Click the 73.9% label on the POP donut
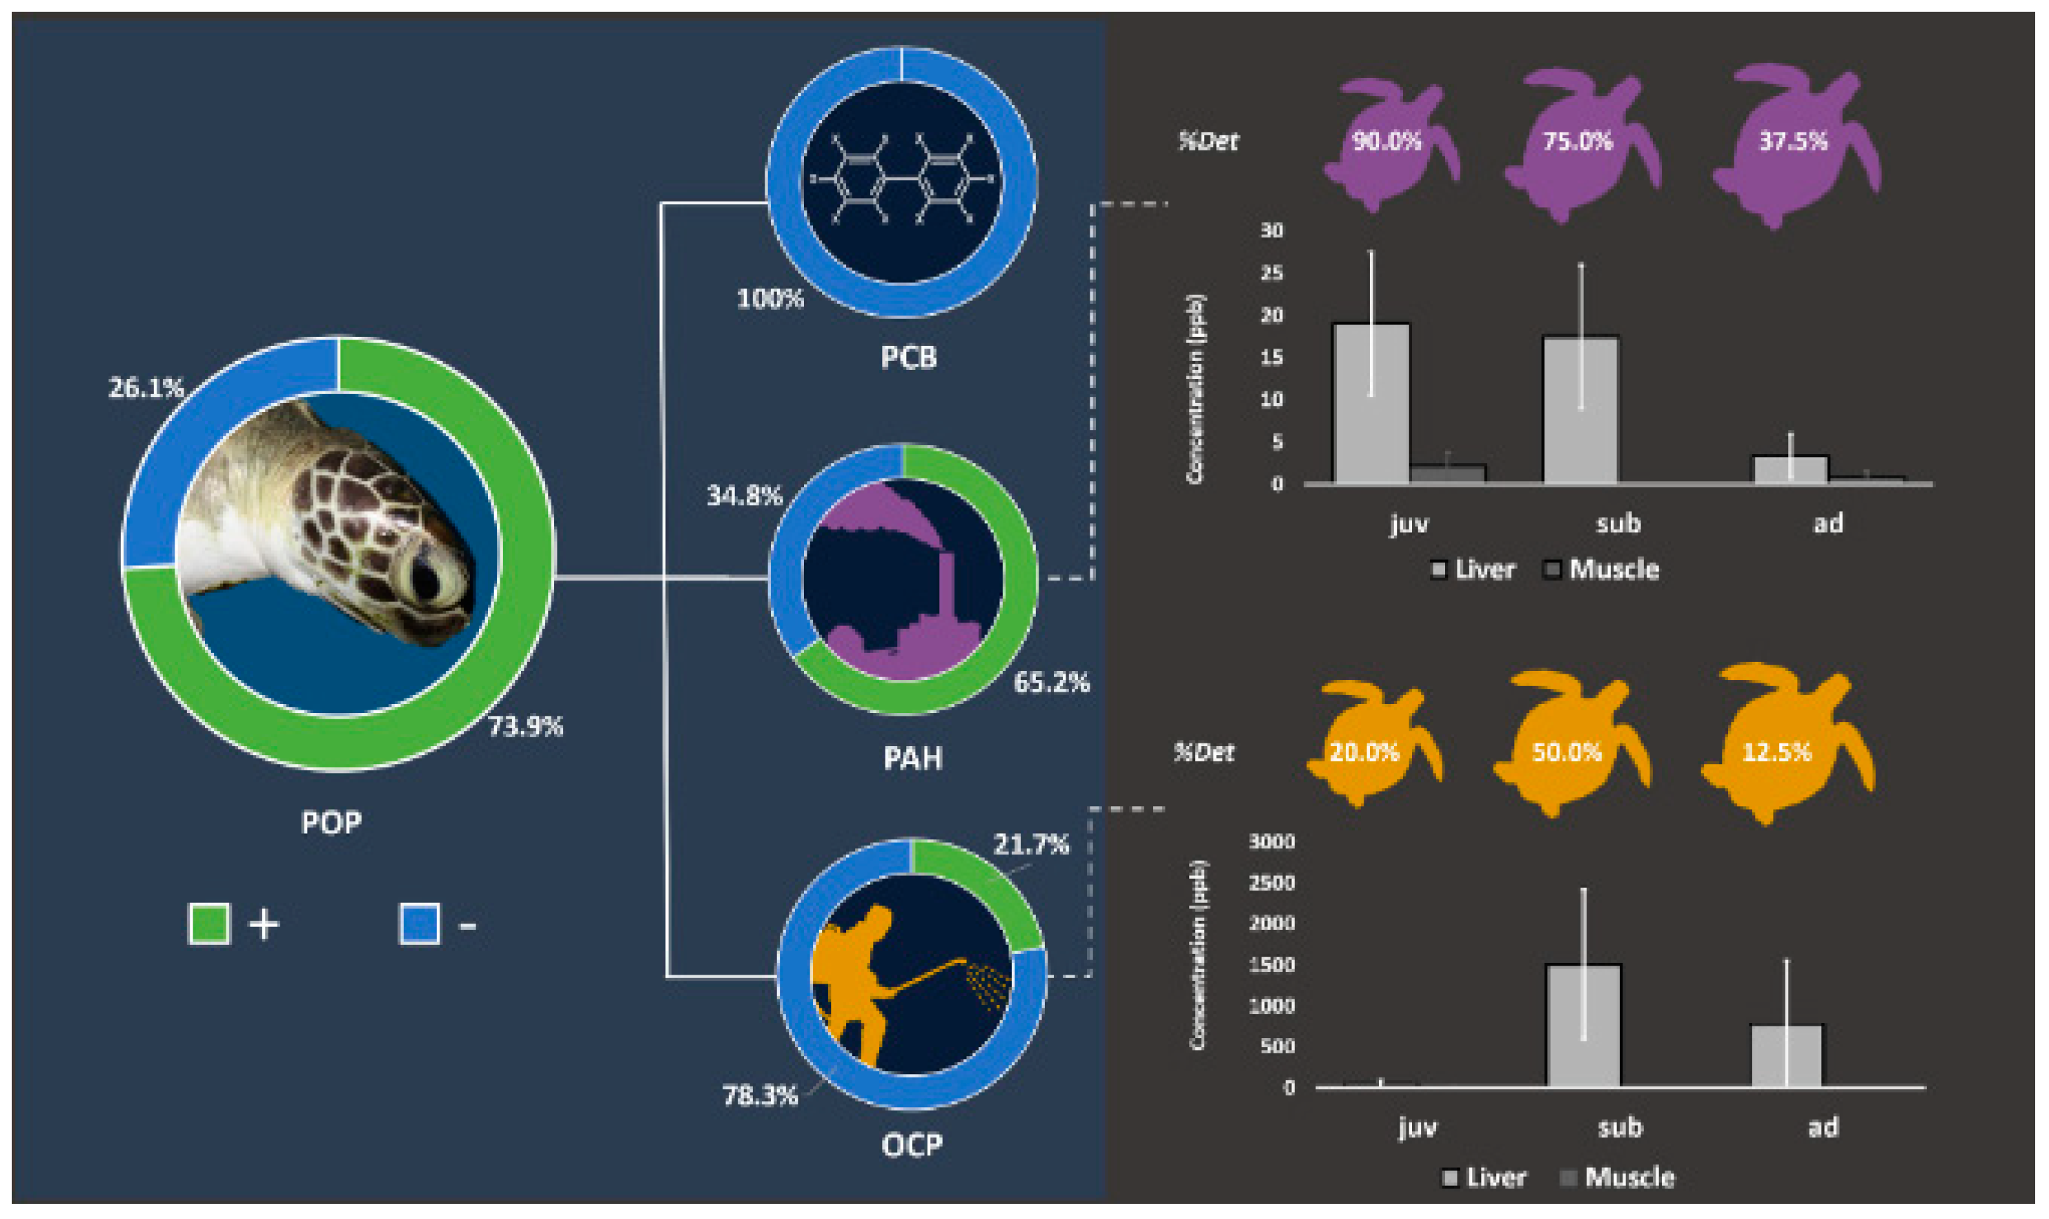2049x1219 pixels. (x=526, y=726)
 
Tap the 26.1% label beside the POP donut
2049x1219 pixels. (x=146, y=387)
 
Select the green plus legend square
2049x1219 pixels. (x=208, y=924)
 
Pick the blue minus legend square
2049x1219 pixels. (x=419, y=924)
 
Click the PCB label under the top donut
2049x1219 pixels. (x=908, y=358)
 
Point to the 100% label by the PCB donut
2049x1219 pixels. (x=769, y=298)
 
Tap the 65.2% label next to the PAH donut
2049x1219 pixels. (x=1050, y=682)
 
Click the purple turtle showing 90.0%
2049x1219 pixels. (x=1388, y=142)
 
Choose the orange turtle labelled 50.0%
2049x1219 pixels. (x=1566, y=752)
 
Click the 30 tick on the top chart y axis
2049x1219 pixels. (x=1271, y=231)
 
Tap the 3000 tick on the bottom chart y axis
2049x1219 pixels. (x=1271, y=841)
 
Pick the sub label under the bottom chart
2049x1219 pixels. (x=1620, y=1127)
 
